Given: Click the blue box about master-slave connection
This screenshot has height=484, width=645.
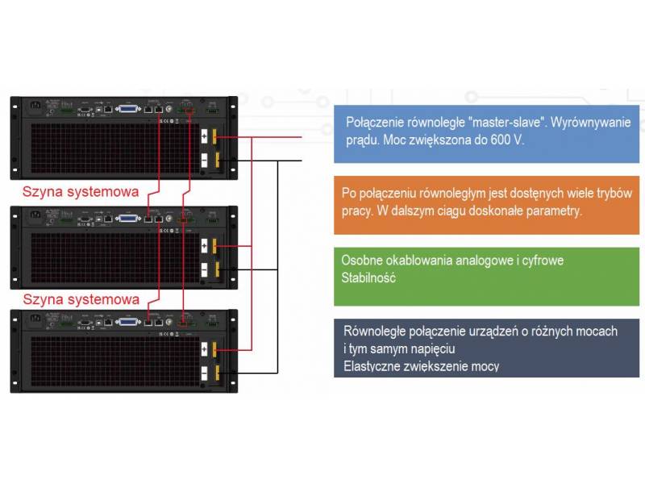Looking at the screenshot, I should [x=489, y=131].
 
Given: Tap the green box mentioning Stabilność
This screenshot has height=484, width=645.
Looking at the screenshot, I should [x=489, y=276].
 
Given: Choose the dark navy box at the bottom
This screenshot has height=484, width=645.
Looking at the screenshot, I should [x=489, y=348].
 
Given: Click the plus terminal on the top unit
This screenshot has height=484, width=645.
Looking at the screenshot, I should [x=205, y=136].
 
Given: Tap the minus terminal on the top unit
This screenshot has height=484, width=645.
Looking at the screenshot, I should [x=205, y=160].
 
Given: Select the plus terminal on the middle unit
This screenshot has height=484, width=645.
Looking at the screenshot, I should [x=205, y=244].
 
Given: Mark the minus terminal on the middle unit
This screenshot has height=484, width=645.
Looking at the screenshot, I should [x=205, y=269].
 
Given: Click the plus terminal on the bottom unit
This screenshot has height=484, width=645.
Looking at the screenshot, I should [x=205, y=349].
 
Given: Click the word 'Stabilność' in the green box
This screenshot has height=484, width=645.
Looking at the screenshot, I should [x=368, y=277].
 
